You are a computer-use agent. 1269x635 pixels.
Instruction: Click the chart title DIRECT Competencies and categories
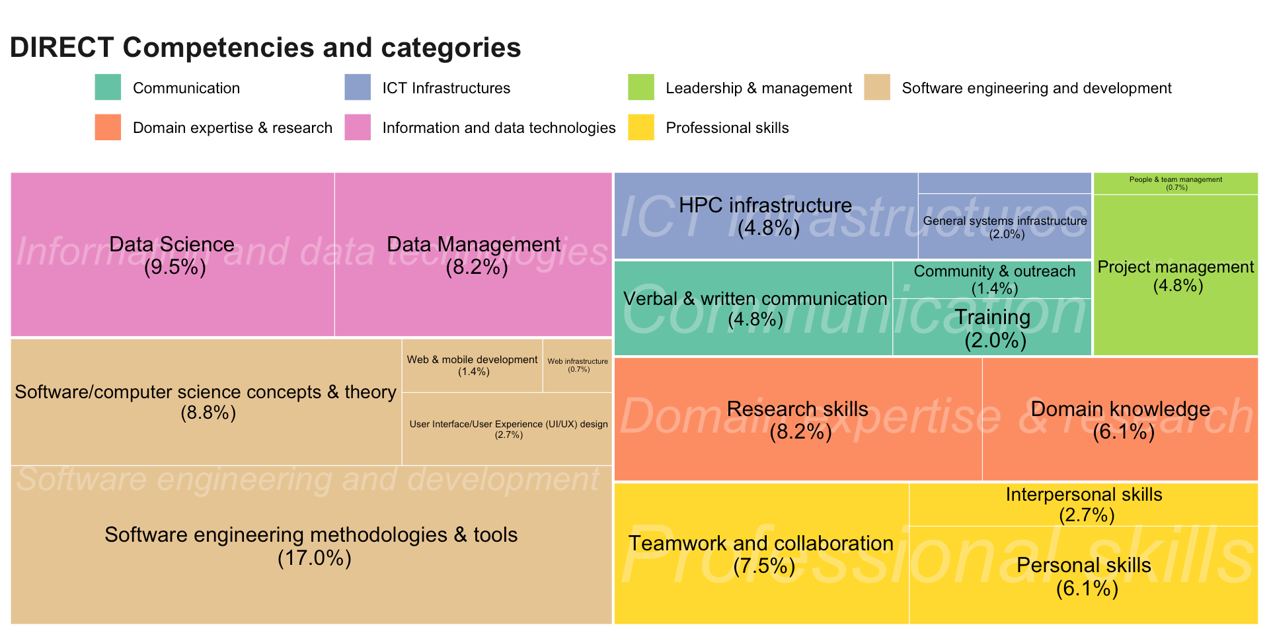266,48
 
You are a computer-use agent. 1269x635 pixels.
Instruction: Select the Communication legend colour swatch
108,87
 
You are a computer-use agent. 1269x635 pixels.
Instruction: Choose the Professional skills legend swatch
641,127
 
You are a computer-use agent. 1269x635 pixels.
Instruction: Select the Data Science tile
173,255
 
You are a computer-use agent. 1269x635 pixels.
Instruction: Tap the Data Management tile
473,255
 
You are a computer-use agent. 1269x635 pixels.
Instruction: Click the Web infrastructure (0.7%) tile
577,366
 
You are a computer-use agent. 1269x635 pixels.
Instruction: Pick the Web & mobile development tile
473,366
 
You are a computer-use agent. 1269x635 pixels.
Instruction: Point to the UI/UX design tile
507,429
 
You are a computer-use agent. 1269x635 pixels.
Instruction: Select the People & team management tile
1176,183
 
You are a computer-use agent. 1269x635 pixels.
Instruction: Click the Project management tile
1176,275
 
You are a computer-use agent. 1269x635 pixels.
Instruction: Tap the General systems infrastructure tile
1005,226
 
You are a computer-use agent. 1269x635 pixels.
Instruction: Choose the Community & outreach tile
992,280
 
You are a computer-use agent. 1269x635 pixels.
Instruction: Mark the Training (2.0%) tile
992,327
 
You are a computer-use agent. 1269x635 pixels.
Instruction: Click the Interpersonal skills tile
1084,505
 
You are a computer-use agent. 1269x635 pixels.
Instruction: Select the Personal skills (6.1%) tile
1084,575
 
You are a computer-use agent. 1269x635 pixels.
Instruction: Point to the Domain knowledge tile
1120,419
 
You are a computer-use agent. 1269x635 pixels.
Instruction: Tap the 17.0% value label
314,558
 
